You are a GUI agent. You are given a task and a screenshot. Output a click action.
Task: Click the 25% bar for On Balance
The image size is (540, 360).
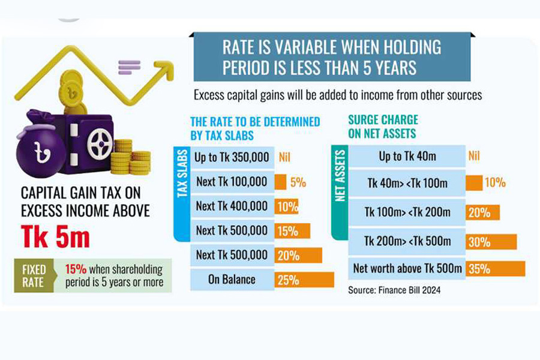[304, 280]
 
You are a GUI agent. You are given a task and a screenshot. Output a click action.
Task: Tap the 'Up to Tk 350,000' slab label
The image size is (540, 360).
[231, 157]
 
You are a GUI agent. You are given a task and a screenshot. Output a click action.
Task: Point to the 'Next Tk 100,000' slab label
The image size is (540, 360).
[231, 182]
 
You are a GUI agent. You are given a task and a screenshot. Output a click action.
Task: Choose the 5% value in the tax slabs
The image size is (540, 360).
[298, 182]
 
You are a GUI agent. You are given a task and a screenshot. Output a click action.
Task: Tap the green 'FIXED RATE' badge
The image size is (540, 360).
[34, 275]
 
